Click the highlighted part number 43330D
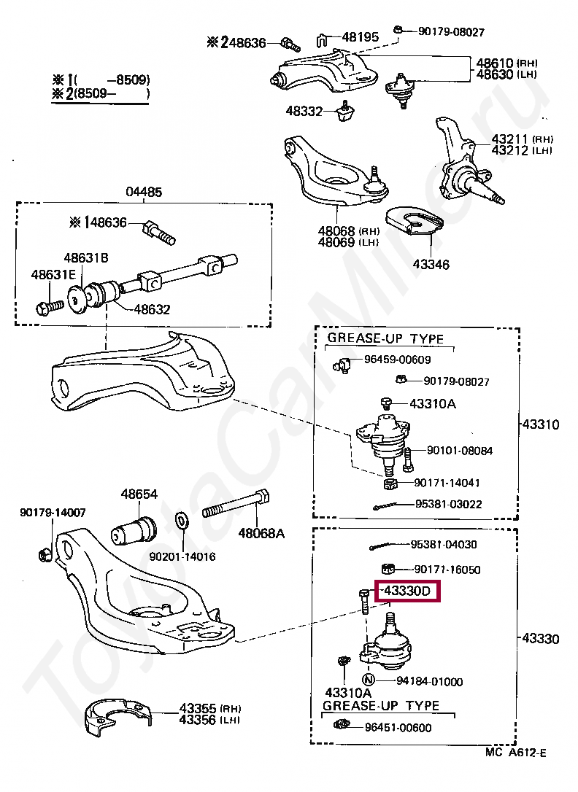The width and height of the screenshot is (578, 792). pos(407,591)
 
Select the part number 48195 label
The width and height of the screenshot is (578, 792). pos(361,37)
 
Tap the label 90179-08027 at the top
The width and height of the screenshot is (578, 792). pos(451,32)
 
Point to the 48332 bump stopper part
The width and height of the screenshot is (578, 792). pos(345,111)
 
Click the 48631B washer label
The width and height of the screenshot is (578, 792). pos(85,257)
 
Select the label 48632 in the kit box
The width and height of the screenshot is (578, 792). pos(152,309)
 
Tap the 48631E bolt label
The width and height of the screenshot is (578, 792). pos(53,275)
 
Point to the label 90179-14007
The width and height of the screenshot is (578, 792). pos(53,513)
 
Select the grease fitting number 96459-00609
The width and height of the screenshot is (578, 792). pos(398,360)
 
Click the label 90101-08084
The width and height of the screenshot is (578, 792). pos(459,451)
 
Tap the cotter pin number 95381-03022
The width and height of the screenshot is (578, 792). pos(449,504)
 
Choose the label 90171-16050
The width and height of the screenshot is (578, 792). pos(447,569)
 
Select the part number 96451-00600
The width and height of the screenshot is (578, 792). pos(398,727)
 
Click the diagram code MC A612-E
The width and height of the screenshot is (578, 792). pos(515,753)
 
